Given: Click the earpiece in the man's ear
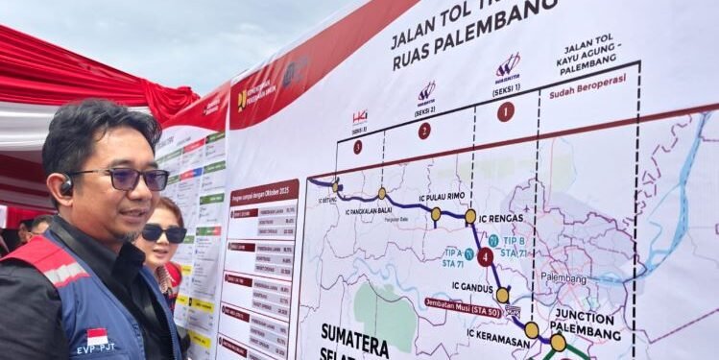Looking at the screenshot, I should pyautogui.click(x=66, y=185).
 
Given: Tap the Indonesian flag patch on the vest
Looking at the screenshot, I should pyautogui.click(x=97, y=336).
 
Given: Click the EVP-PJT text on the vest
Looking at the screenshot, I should pyautogui.click(x=96, y=349).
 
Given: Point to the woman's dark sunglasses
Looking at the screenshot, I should pyautogui.click(x=163, y=232).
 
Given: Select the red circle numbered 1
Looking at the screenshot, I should pyautogui.click(x=505, y=111).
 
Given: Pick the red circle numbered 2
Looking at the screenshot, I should pyautogui.click(x=424, y=131).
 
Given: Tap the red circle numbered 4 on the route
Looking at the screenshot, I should pyautogui.click(x=486, y=257).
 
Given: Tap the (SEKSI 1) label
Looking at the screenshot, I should pyautogui.click(x=506, y=90).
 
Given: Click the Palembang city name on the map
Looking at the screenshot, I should pyautogui.click(x=563, y=277).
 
